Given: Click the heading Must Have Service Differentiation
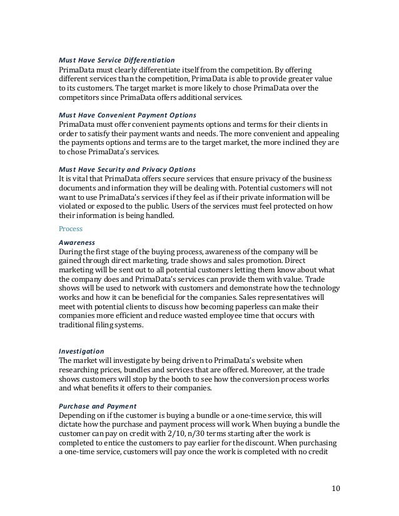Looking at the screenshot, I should point(116,60).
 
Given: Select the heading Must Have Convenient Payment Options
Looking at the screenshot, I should point(127,115).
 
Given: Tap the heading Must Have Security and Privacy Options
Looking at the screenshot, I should point(126,169).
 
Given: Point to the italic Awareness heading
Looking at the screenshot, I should point(76,242).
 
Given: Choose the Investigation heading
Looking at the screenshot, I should point(81,352).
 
